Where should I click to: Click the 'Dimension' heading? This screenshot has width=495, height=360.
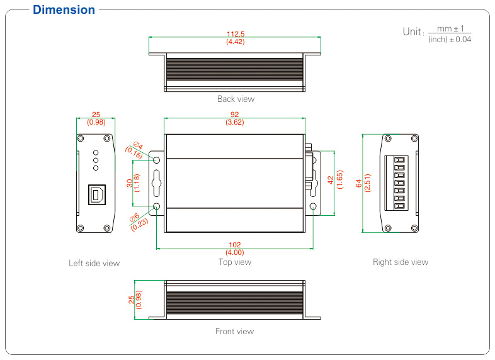(64, 10)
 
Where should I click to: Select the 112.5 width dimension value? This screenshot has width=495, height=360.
(236, 34)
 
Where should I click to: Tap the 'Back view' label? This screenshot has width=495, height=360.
(236, 99)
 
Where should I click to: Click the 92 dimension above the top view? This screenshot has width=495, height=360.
(234, 114)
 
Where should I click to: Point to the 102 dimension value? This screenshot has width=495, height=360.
(234, 245)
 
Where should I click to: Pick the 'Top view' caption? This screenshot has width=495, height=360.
(235, 262)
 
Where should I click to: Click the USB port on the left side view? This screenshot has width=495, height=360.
(96, 194)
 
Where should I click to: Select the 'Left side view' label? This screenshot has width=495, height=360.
(94, 263)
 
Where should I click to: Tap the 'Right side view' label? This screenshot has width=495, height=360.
(401, 262)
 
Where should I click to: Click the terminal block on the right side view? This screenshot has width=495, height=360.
(396, 183)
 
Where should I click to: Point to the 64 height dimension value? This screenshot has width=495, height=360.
(359, 183)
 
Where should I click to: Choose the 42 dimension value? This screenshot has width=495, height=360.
(331, 180)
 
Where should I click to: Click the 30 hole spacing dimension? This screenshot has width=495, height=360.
(130, 183)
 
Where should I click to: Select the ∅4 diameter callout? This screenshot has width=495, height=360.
(138, 145)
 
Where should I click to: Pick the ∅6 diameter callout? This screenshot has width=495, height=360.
(135, 218)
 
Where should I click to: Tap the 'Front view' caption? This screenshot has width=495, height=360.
(234, 331)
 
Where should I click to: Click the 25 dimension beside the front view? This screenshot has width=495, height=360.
(132, 300)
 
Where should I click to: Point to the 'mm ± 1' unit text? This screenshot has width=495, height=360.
(450, 29)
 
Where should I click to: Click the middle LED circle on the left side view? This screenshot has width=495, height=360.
(96, 160)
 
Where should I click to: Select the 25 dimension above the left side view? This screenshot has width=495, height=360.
(96, 114)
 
